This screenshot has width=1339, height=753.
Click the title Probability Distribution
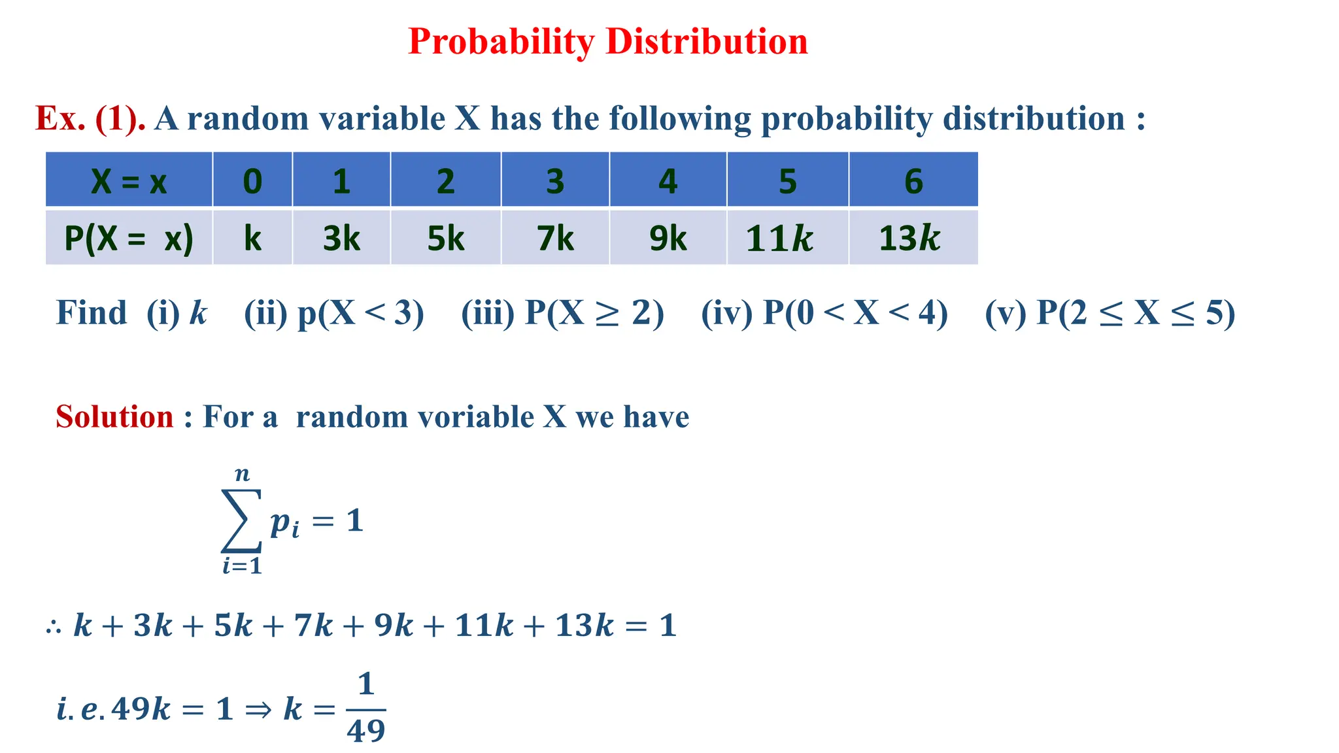coord(607,42)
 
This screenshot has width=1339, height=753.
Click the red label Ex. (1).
coord(90,119)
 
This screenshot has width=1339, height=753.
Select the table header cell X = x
coord(129,180)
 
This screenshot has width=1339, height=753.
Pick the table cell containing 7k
coord(555,238)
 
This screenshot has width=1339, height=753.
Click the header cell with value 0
coord(252,180)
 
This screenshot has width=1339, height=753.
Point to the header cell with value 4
coord(668,180)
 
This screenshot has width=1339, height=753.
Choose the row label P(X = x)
coord(129,238)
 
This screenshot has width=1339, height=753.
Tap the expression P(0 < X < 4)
coord(855,313)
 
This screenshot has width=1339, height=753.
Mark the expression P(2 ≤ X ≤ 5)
coord(1136,313)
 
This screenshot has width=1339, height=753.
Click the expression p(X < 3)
coord(361,313)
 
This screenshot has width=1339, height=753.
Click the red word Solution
coord(114,417)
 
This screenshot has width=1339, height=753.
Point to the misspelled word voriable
coord(415,417)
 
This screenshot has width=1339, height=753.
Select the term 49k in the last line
coord(141,709)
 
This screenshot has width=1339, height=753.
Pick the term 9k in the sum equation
coord(394,626)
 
